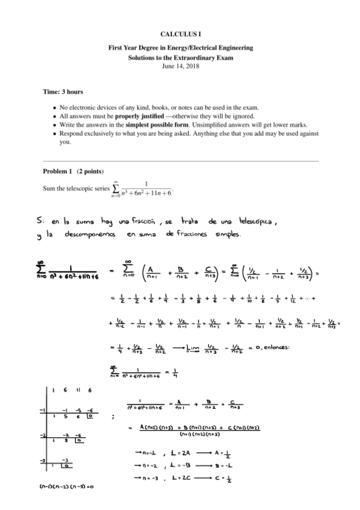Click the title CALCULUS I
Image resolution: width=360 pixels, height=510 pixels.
pos(180,36)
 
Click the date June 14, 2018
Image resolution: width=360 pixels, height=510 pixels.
pos(180,66)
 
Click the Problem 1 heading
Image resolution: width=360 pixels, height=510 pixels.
pos(58,171)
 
